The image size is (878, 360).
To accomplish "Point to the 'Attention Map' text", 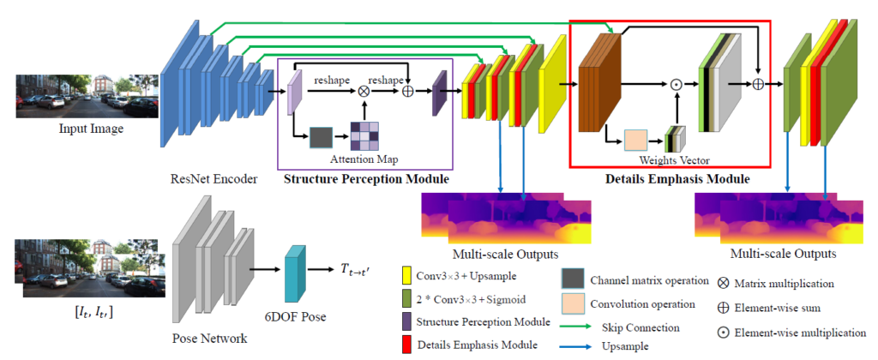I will point(365,159).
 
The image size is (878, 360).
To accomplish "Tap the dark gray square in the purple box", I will point(321,137).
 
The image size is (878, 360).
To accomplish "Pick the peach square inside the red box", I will point(635,140).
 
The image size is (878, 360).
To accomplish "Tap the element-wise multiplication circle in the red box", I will point(677,84).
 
